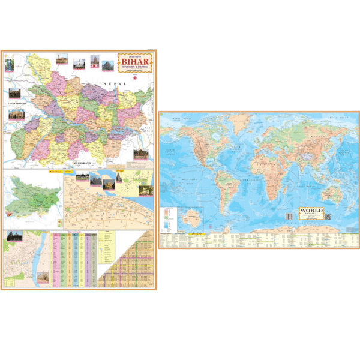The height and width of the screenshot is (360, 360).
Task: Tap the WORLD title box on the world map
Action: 312,213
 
